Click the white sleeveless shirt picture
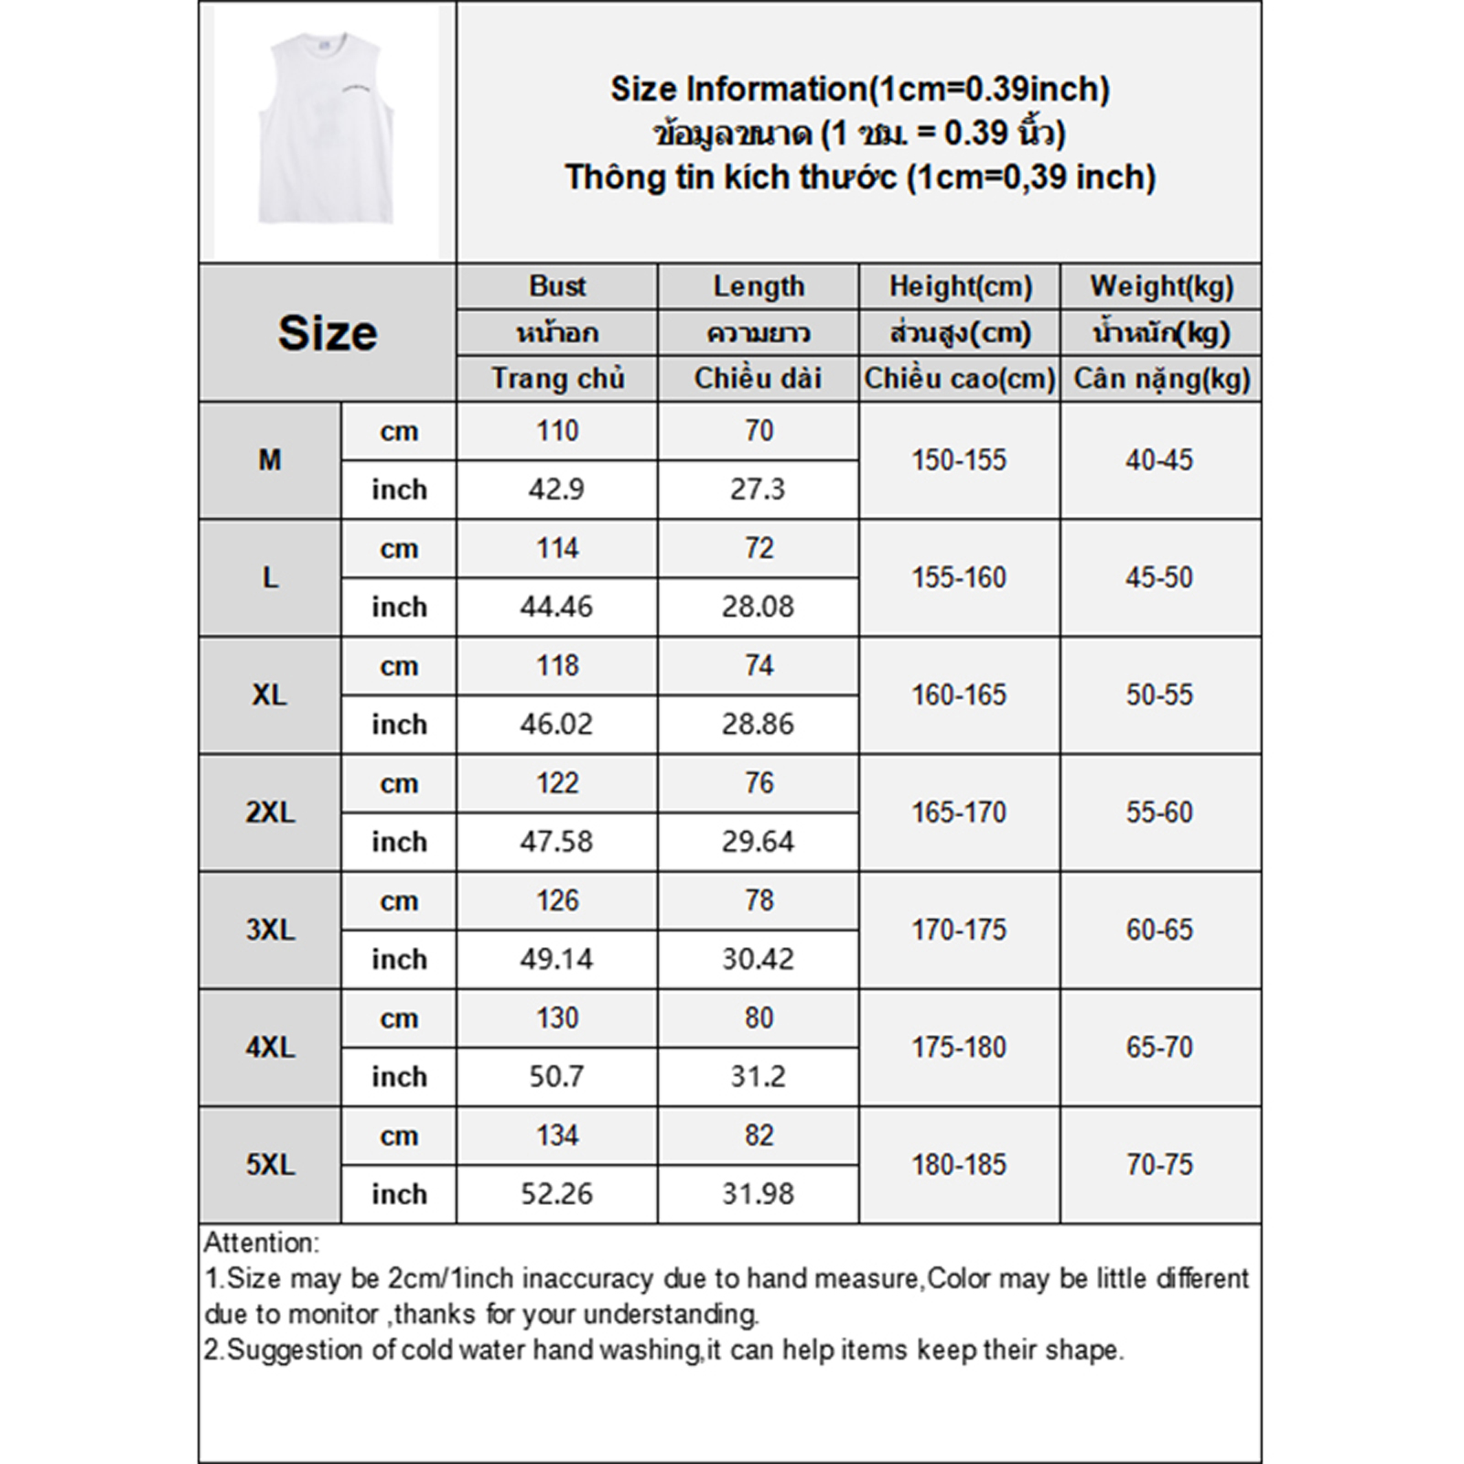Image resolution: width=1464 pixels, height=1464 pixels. pyautogui.click(x=327, y=129)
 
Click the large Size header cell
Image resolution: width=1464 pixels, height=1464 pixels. pyautogui.click(x=327, y=332)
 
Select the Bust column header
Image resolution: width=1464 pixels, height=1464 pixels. pyautogui.click(x=557, y=286)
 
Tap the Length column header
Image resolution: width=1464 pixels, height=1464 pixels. pyautogui.click(x=759, y=286)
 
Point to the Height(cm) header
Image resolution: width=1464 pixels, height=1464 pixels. pyautogui.click(x=960, y=286)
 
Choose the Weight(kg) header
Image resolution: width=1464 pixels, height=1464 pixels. pyautogui.click(x=1161, y=286)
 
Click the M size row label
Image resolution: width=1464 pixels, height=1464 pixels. pyautogui.click(x=270, y=460)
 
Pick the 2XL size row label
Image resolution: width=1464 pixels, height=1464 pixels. pyautogui.click(x=270, y=813)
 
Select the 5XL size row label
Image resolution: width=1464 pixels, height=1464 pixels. pyautogui.click(x=270, y=1165)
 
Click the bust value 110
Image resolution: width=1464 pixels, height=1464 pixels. pyautogui.click(x=557, y=431)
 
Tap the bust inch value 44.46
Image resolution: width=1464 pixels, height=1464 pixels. pyautogui.click(x=556, y=607)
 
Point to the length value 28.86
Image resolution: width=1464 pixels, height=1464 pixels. pyautogui.click(x=758, y=724)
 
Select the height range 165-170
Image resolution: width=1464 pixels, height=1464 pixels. pyautogui.click(x=959, y=813)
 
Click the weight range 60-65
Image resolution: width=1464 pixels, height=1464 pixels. pyautogui.click(x=1159, y=930)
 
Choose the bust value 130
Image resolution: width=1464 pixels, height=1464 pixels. pyautogui.click(x=557, y=1018)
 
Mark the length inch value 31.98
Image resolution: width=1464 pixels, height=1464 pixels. pyautogui.click(x=758, y=1194)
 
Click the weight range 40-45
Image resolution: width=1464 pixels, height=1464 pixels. pyautogui.click(x=1159, y=460)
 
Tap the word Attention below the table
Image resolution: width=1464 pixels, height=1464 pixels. pyautogui.click(x=260, y=1243)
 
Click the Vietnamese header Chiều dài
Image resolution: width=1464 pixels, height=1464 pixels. pyautogui.click(x=759, y=378)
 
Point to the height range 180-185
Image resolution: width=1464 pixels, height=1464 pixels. pyautogui.click(x=959, y=1165)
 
